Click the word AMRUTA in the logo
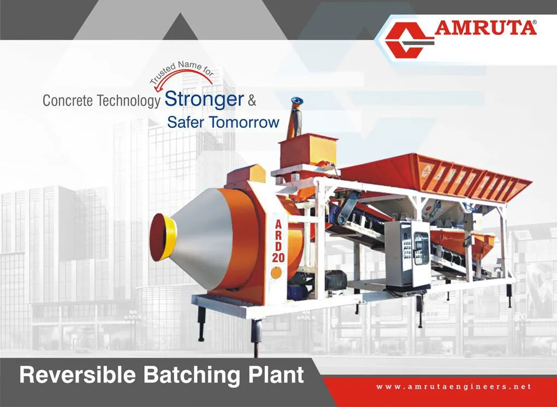(x=485, y=28)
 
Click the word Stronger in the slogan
(x=204, y=100)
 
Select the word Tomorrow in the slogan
(x=244, y=122)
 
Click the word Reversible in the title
(x=78, y=375)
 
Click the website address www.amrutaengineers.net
(x=454, y=387)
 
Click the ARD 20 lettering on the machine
(x=278, y=241)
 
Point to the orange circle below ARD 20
(x=276, y=273)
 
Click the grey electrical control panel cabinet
(x=407, y=253)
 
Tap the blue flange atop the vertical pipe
(x=297, y=101)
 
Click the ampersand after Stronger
(x=252, y=101)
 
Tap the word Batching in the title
(x=192, y=375)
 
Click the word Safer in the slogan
(x=186, y=122)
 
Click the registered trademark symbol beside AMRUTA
(x=534, y=22)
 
